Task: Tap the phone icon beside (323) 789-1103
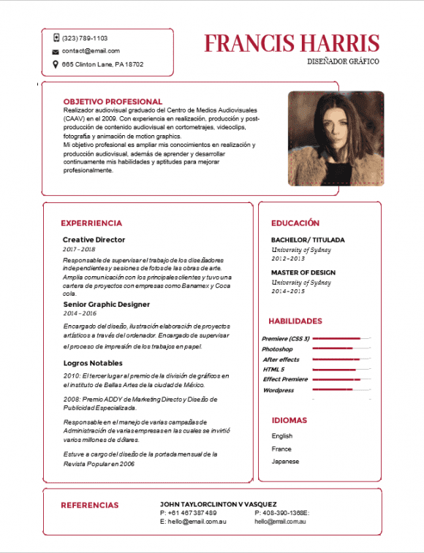(x=56, y=37)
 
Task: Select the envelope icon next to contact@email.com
(x=56, y=51)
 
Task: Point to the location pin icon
(x=56, y=64)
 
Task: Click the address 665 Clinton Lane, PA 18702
(x=102, y=64)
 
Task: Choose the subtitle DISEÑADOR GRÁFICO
(x=344, y=61)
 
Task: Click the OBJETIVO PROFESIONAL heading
(x=113, y=102)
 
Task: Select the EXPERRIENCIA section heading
(x=91, y=224)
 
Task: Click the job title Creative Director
(x=94, y=240)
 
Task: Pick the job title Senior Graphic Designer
(x=106, y=304)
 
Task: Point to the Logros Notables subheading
(x=93, y=363)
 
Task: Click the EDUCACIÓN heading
(x=295, y=223)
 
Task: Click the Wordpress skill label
(x=278, y=390)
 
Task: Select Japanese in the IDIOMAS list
(x=284, y=461)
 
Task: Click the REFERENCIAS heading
(x=89, y=505)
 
